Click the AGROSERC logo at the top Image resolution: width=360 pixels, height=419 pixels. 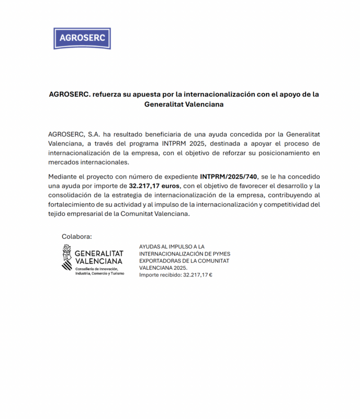[x=82, y=39]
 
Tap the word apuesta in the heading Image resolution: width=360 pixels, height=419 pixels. [x=156, y=94]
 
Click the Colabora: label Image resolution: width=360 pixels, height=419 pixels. [x=77, y=236]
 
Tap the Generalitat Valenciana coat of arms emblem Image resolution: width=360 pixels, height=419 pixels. [x=66, y=257]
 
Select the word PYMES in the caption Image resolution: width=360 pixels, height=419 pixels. [x=220, y=253]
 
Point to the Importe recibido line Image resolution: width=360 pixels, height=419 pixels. [x=176, y=274]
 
